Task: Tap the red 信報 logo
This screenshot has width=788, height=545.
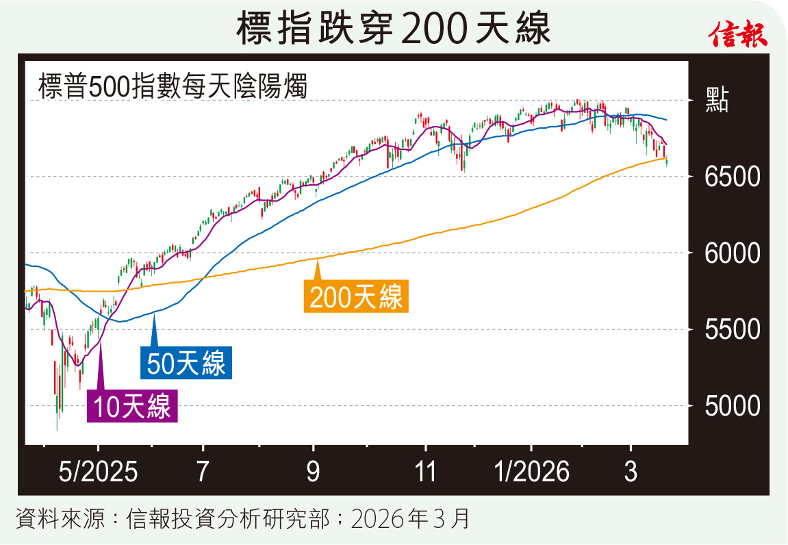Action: click(737, 31)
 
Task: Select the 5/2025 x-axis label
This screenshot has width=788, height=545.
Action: click(98, 473)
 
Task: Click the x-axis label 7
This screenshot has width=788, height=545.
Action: click(203, 473)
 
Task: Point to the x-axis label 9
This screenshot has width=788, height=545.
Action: click(313, 473)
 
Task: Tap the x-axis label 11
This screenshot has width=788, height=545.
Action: click(425, 473)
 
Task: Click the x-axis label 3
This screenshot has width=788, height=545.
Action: click(631, 473)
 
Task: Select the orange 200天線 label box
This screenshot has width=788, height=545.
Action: click(356, 297)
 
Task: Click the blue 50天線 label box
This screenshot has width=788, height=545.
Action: click(186, 364)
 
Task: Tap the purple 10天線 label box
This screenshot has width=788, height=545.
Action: click(132, 406)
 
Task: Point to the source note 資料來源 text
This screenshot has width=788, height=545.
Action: click(242, 519)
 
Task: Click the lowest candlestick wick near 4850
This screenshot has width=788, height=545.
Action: click(57, 429)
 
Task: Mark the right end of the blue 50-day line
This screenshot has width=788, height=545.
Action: click(667, 120)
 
